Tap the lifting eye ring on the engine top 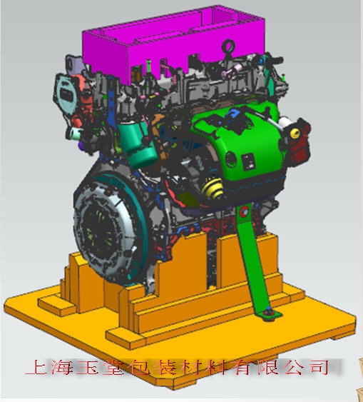228,46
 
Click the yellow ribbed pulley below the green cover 212,188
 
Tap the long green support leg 252,259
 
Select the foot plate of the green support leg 270,315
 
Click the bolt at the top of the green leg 244,211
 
